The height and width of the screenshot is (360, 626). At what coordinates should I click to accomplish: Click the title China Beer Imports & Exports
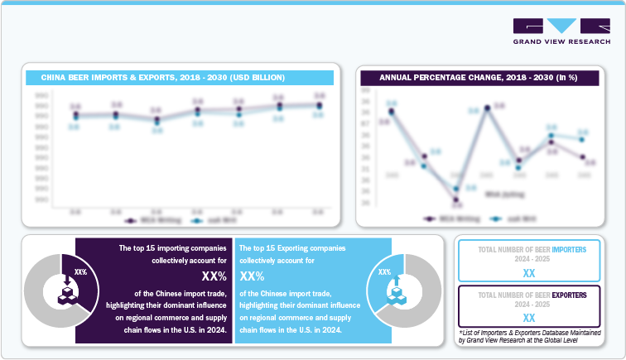[163, 78]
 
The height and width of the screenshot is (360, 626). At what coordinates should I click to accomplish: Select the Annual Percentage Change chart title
[478, 78]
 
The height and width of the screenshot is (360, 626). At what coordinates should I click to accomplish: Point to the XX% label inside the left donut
[80, 271]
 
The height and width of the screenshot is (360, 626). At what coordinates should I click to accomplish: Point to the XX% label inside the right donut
[385, 271]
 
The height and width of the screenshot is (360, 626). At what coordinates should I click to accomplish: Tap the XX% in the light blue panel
[252, 276]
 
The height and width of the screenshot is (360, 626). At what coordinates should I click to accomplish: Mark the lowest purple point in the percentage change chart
[455, 199]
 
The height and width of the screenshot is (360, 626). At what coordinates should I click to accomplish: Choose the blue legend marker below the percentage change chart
[495, 218]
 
